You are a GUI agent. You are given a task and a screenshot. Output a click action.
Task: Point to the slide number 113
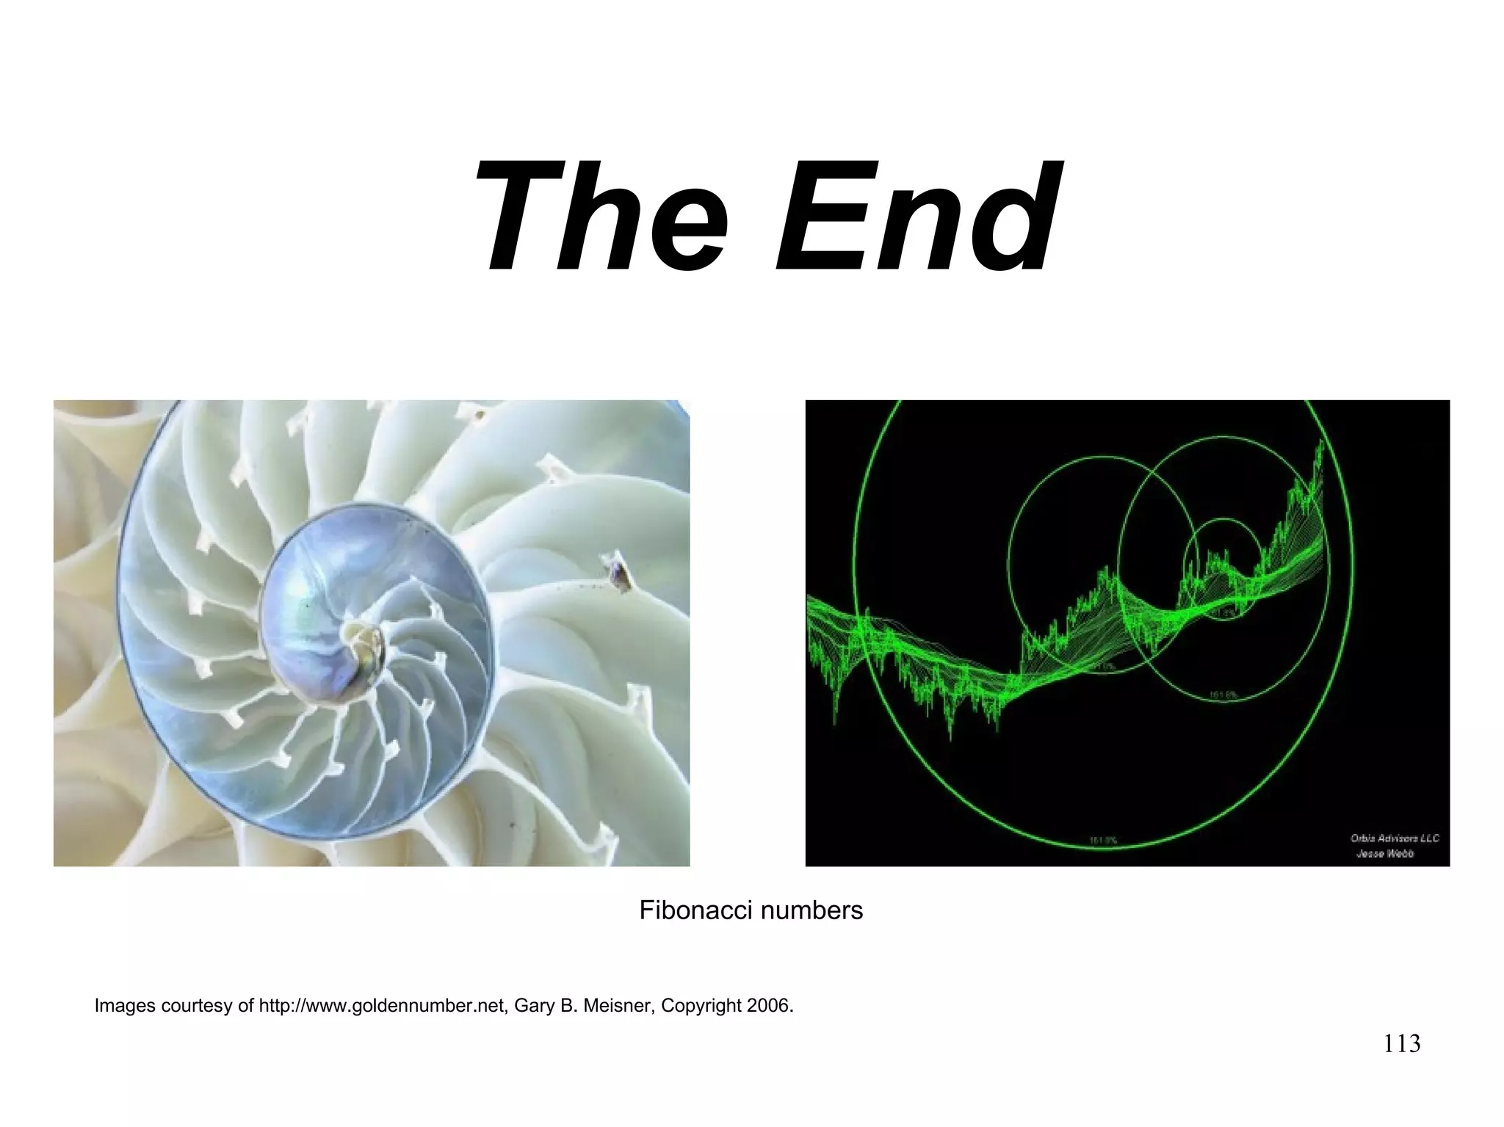coord(1402,1043)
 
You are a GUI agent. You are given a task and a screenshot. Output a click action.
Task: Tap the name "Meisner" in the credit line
coord(616,1005)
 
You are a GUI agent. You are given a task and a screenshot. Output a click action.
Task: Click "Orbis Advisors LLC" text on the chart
coord(1394,838)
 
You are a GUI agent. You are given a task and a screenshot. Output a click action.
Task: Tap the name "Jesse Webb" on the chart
coord(1384,853)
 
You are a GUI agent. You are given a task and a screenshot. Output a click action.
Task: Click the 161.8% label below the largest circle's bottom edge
coord(1102,840)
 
